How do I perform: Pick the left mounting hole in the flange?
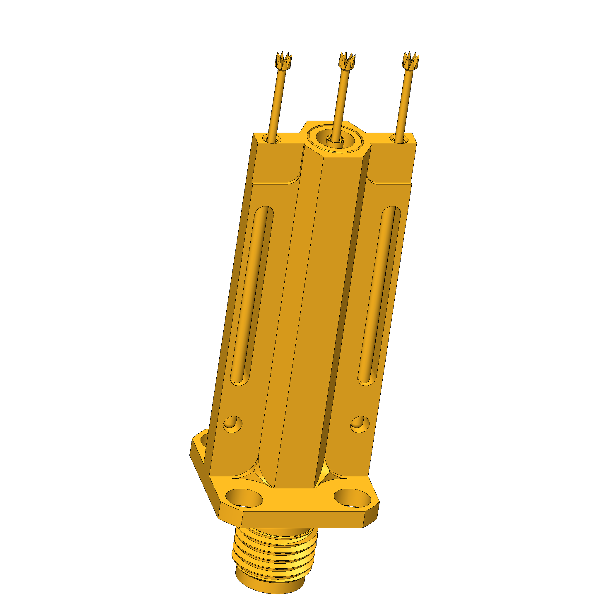(244, 498)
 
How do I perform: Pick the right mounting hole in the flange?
(353, 498)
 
